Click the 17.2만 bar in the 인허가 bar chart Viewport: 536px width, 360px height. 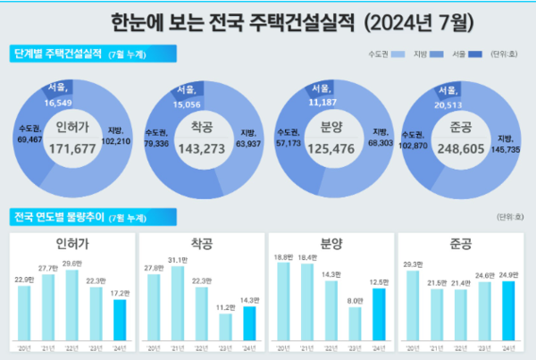120,320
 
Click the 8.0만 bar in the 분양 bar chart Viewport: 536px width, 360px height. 354,325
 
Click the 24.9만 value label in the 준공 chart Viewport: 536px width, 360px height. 511,276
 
